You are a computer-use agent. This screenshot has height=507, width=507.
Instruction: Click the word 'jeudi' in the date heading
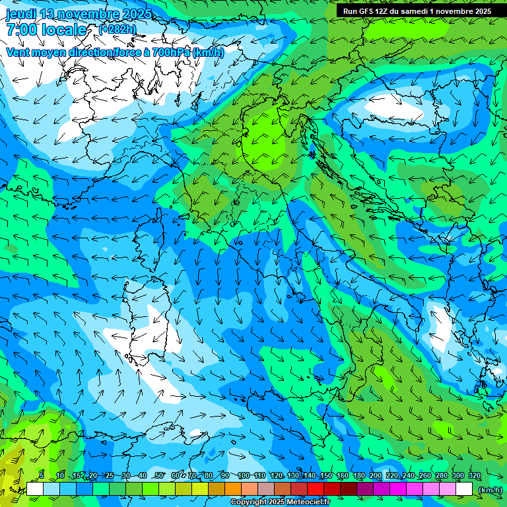click(21, 14)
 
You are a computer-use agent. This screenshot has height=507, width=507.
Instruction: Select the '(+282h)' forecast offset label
click(117, 29)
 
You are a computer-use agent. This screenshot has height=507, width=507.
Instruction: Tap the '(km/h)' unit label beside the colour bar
click(489, 489)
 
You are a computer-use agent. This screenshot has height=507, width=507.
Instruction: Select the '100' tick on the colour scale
click(244, 475)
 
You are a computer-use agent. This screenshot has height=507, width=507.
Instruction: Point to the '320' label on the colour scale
click(474, 475)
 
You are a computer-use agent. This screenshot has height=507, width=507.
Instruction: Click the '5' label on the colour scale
click(41, 475)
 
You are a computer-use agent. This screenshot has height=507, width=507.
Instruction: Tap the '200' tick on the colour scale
click(375, 475)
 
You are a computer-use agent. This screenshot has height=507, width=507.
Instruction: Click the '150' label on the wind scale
click(325, 475)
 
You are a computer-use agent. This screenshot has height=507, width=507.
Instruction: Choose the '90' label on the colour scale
click(226, 475)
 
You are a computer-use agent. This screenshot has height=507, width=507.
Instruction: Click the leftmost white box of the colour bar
click(35, 489)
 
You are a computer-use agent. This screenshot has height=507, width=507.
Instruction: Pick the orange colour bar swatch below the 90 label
click(233, 489)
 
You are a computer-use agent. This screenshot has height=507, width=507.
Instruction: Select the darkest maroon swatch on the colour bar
click(349, 489)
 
